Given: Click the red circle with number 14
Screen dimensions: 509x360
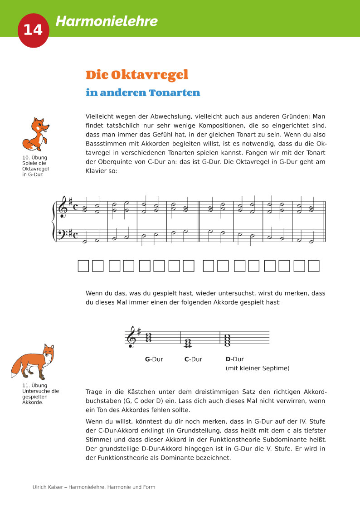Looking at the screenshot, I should [33, 29].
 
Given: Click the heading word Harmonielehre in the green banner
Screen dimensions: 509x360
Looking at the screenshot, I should [107, 21].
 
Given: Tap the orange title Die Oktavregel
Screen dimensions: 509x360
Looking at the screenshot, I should [137, 75].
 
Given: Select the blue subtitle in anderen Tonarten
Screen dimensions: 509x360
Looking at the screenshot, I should [143, 93].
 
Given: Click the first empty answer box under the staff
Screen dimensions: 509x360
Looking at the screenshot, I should [83, 266].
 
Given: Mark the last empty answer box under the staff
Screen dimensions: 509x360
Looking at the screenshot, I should [313, 266].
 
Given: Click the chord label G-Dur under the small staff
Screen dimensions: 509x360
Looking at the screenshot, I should [154, 359].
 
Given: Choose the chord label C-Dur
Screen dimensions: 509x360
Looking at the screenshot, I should [193, 359].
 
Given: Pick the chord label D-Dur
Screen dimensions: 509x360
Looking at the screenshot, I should [234, 359].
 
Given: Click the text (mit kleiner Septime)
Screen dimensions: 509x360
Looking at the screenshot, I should [257, 368].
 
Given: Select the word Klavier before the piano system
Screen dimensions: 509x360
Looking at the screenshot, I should [95, 171].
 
